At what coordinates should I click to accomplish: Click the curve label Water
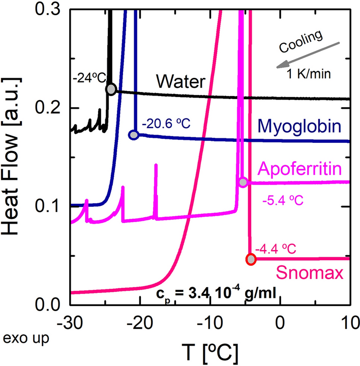(x=180, y=81)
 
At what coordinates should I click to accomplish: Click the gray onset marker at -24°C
(x=111, y=89)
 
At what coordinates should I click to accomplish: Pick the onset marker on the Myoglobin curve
(x=134, y=135)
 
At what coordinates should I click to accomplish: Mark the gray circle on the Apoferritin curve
(x=243, y=182)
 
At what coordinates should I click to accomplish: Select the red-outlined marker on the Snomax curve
(x=251, y=260)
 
